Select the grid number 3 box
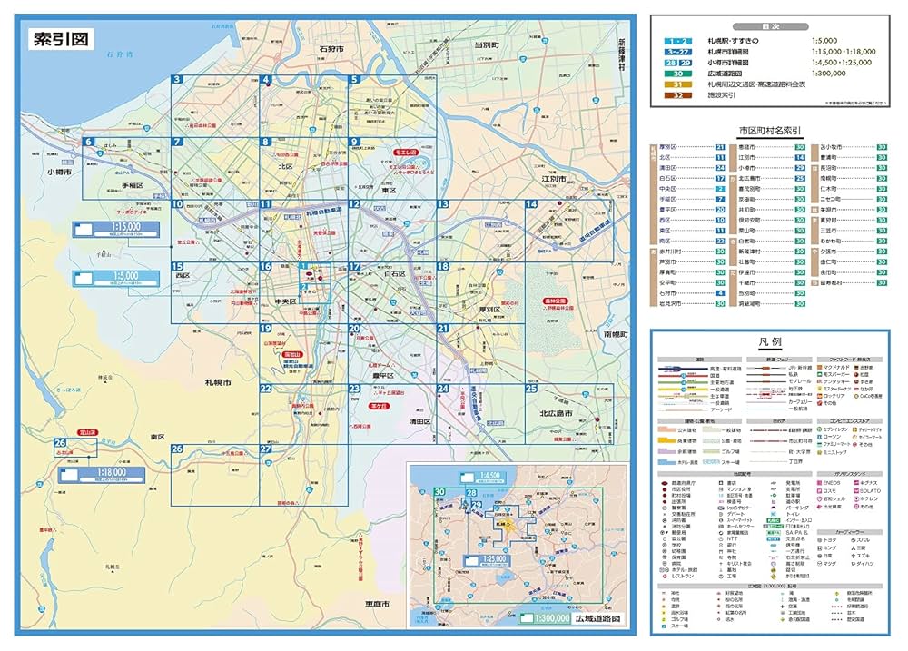(178, 80)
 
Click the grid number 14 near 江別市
(530, 204)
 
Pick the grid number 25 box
(531, 389)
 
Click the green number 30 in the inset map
(439, 492)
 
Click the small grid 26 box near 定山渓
(61, 442)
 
